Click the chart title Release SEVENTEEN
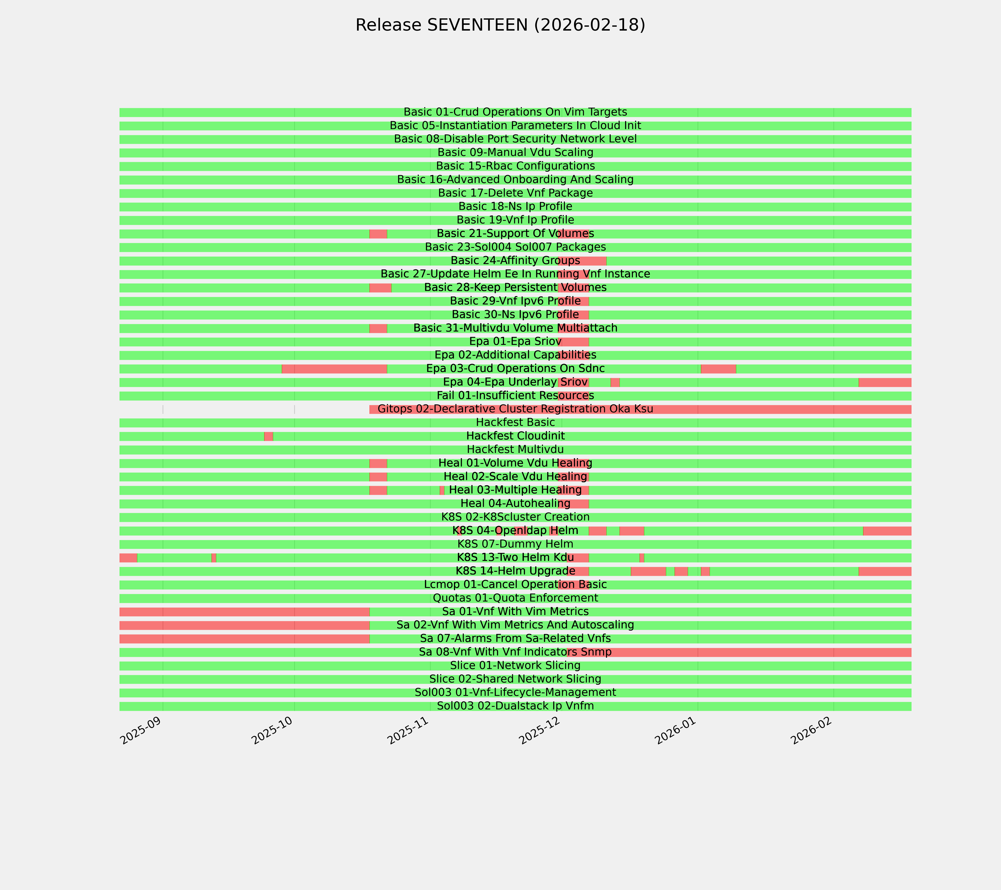(500, 25)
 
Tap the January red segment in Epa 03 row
(718, 369)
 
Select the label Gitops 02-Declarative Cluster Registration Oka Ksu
(515, 409)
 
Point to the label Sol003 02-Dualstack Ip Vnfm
(515, 706)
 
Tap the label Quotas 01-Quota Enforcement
(515, 598)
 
